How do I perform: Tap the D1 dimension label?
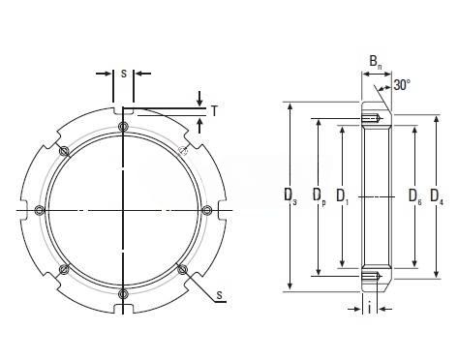click(x=343, y=195)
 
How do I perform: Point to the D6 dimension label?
click(x=415, y=195)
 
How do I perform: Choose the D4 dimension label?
click(x=437, y=195)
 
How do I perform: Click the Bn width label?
click(x=376, y=62)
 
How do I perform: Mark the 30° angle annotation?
click(x=402, y=85)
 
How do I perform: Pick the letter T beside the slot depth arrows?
click(x=214, y=111)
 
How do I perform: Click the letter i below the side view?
click(x=370, y=309)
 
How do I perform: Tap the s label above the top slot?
click(x=124, y=74)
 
